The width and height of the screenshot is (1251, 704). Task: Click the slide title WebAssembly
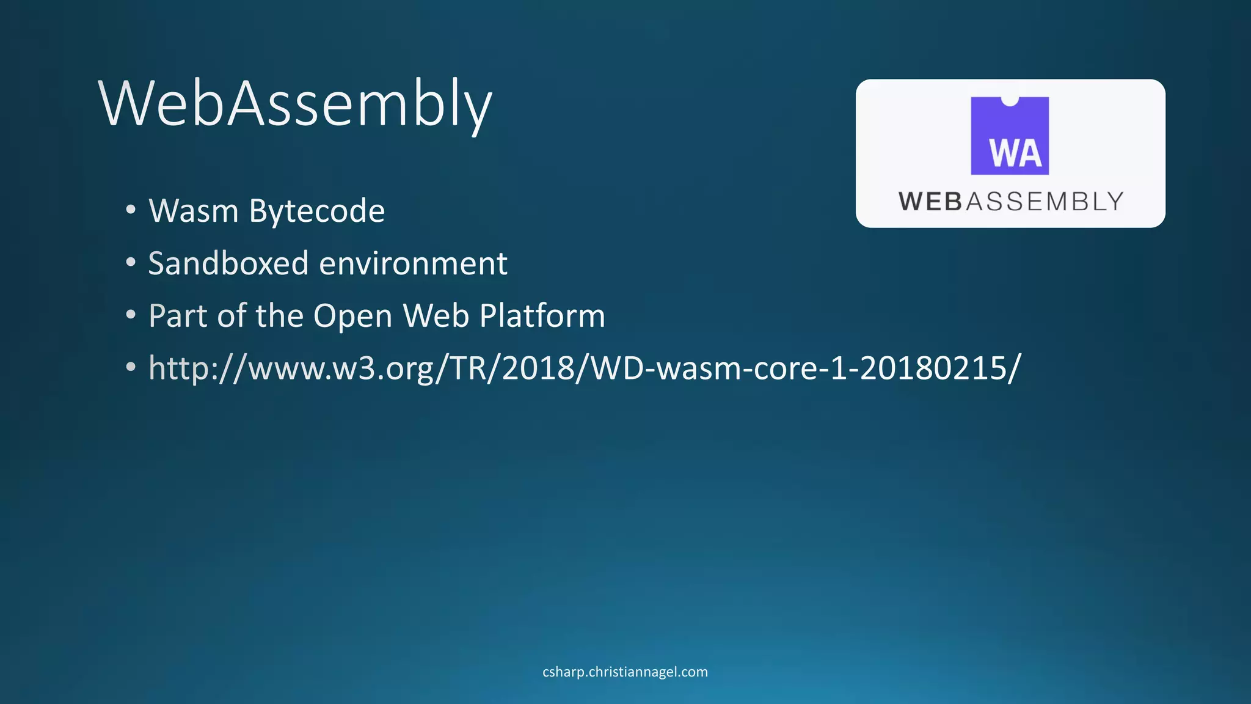click(x=295, y=104)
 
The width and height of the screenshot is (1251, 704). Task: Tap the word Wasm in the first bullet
click(x=193, y=211)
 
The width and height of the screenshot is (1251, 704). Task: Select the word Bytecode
click(x=317, y=212)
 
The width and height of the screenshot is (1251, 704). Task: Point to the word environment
click(x=413, y=264)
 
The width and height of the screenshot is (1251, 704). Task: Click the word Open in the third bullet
click(x=352, y=317)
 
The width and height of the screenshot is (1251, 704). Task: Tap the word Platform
click(x=542, y=316)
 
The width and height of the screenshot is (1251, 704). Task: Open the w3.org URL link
click(x=585, y=368)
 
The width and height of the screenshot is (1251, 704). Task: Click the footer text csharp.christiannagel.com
click(x=625, y=672)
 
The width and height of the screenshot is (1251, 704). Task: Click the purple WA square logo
click(x=1010, y=136)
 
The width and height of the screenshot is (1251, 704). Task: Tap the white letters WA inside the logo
click(x=1015, y=153)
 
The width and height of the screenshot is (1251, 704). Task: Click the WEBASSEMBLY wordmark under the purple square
click(x=1010, y=202)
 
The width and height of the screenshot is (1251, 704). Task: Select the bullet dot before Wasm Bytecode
click(x=131, y=210)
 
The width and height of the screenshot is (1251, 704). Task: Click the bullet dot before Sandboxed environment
click(x=131, y=263)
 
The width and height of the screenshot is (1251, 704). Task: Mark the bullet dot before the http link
click(x=131, y=368)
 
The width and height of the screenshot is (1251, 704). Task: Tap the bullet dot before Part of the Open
click(x=131, y=315)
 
